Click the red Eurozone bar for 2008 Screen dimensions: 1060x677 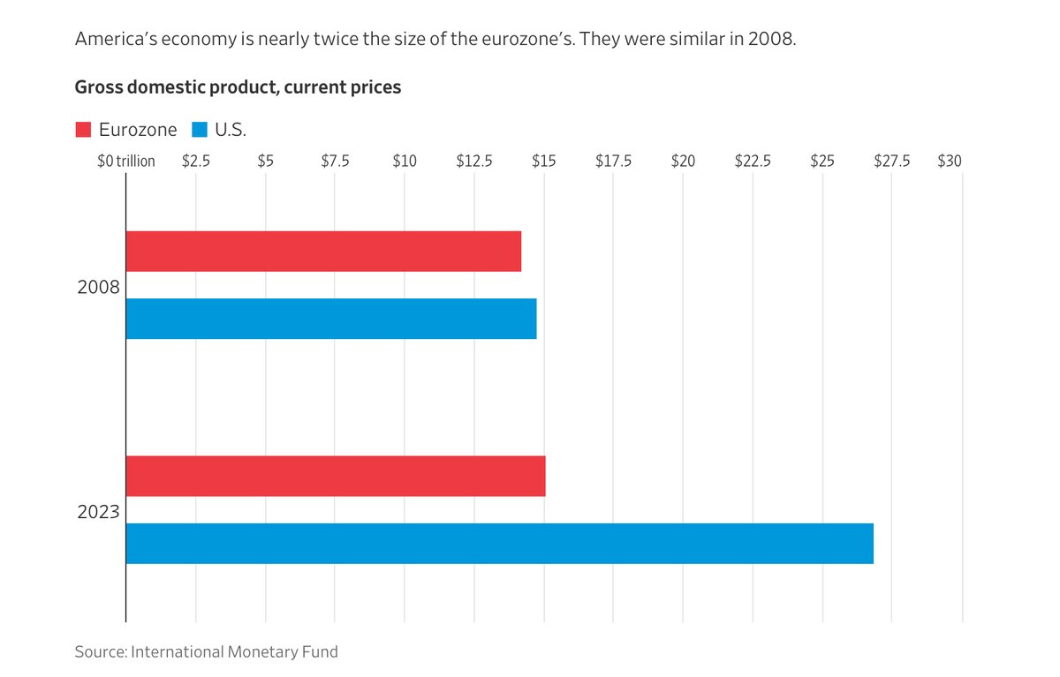click(x=323, y=251)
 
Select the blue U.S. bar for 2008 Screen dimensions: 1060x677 click(x=331, y=319)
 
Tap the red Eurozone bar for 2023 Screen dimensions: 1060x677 click(x=336, y=476)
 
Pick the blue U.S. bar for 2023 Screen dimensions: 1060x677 click(x=500, y=544)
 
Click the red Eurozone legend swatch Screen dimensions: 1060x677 click(x=83, y=130)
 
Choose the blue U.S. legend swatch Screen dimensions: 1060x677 click(x=200, y=130)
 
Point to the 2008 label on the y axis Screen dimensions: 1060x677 click(x=98, y=287)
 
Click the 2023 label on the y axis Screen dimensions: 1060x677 click(x=98, y=512)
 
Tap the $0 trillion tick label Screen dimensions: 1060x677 click(x=126, y=162)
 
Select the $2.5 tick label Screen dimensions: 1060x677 click(x=196, y=162)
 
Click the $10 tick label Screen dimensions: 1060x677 click(x=405, y=162)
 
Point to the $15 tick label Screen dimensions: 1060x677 click(x=544, y=162)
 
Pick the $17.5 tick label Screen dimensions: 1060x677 click(x=613, y=162)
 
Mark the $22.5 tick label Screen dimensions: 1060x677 click(x=753, y=162)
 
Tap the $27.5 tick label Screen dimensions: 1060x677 click(x=892, y=162)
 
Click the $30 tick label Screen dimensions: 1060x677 click(x=950, y=162)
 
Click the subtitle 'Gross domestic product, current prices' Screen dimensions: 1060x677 click(x=238, y=87)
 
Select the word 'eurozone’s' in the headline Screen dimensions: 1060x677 click(x=528, y=39)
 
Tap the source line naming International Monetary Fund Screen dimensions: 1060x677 click(x=207, y=652)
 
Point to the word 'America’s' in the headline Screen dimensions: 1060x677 click(x=116, y=39)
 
